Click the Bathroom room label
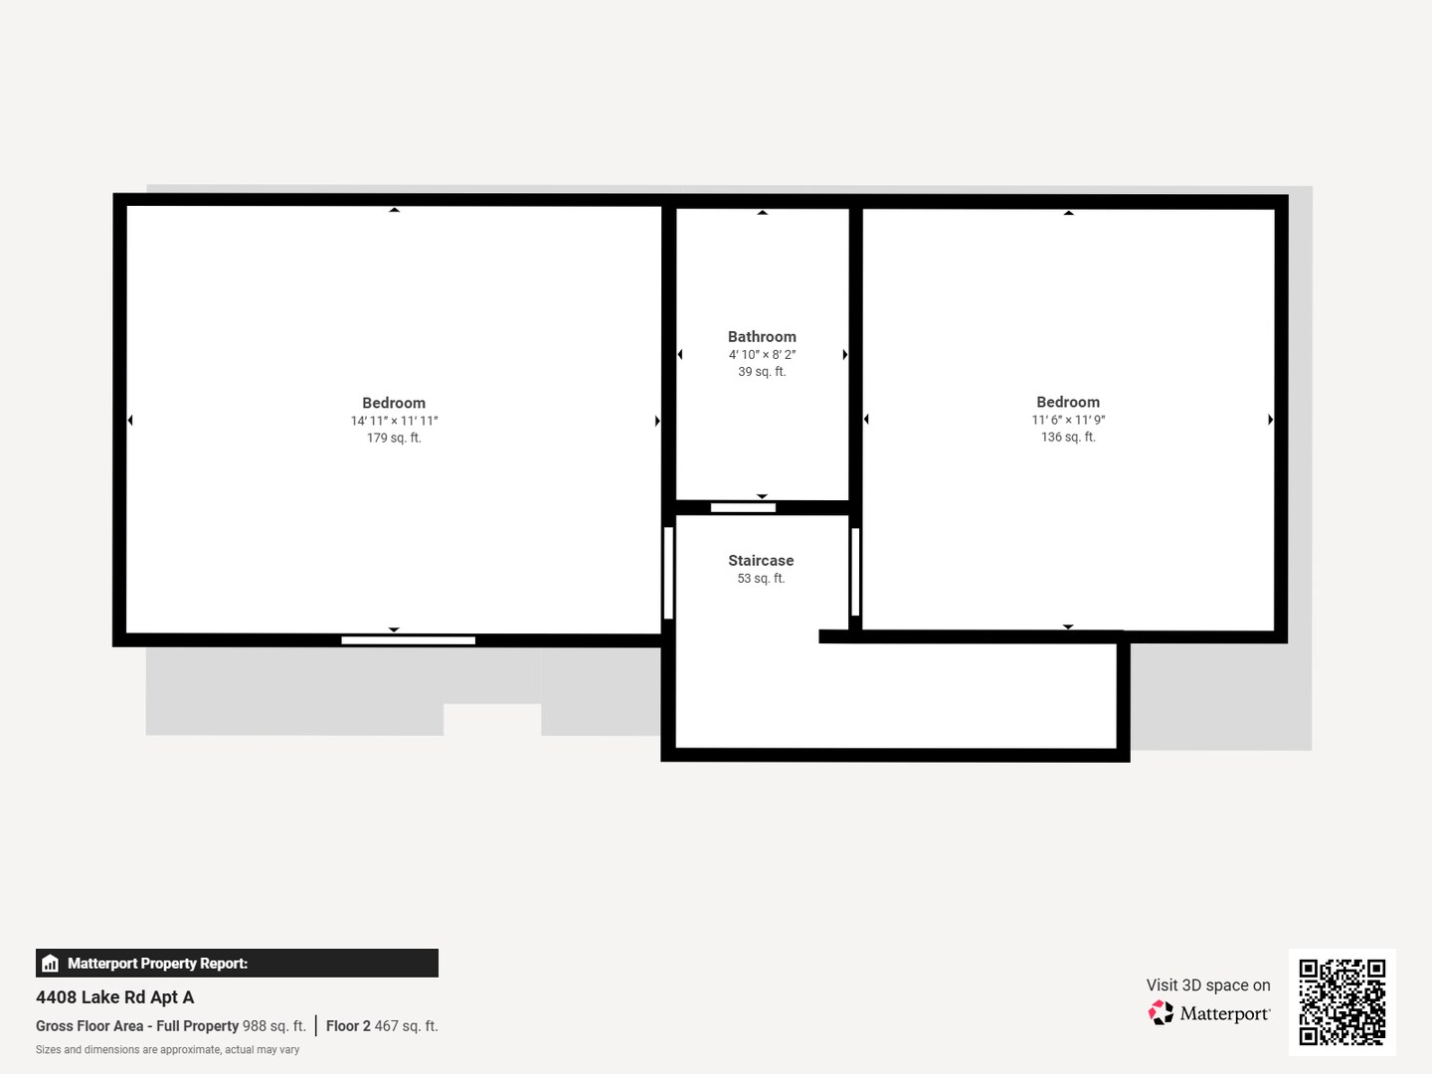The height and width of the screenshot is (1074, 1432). pyautogui.click(x=762, y=337)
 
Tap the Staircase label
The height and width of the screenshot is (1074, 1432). pyautogui.click(x=761, y=561)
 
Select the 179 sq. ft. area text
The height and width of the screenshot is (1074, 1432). pyautogui.click(x=394, y=439)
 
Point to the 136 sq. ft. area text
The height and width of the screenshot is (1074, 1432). pyautogui.click(x=1068, y=438)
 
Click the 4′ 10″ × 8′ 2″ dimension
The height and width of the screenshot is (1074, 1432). pyautogui.click(x=762, y=355)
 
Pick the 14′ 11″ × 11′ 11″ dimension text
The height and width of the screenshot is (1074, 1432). pyautogui.click(x=394, y=422)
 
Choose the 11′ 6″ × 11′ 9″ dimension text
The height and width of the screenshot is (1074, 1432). pyautogui.click(x=1068, y=420)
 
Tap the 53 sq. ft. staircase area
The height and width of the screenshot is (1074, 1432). pyautogui.click(x=761, y=579)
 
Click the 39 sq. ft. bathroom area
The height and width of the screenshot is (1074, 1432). pyautogui.click(x=762, y=372)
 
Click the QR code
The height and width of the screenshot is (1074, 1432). pyautogui.click(x=1342, y=1002)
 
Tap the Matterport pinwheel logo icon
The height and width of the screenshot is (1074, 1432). pyautogui.click(x=1161, y=1012)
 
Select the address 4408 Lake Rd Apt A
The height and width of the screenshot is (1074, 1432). pyautogui.click(x=114, y=997)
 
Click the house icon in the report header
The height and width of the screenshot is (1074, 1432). pyautogui.click(x=51, y=964)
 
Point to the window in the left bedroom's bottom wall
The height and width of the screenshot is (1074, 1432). pyautogui.click(x=409, y=640)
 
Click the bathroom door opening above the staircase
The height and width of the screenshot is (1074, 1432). pyautogui.click(x=743, y=507)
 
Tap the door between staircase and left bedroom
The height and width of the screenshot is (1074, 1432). pyautogui.click(x=668, y=573)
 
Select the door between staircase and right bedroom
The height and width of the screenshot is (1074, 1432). pyautogui.click(x=855, y=572)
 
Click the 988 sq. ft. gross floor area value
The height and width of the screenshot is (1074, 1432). pyautogui.click(x=274, y=1025)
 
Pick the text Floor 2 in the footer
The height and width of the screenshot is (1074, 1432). pyautogui.click(x=348, y=1025)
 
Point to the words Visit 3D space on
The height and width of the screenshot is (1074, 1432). pyautogui.click(x=1208, y=984)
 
